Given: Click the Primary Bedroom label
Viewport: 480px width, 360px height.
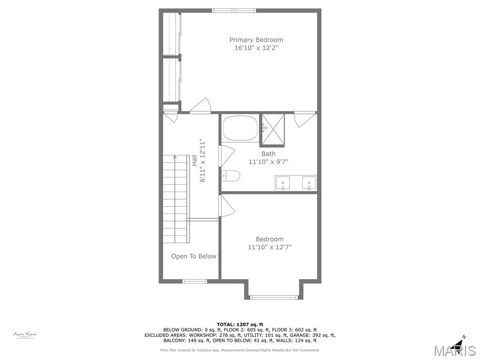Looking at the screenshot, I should [x=256, y=40].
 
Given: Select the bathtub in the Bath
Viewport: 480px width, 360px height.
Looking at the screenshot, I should [x=240, y=127].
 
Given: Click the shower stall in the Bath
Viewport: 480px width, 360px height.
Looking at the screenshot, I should [x=273, y=127].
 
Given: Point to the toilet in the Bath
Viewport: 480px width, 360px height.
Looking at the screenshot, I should [x=232, y=176].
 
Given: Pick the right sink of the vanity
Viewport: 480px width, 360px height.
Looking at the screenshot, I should [x=309, y=183].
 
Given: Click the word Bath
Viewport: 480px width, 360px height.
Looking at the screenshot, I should [x=269, y=154].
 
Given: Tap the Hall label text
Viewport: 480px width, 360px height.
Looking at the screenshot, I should [x=194, y=160].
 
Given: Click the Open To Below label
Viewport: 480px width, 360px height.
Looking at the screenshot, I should [x=194, y=256].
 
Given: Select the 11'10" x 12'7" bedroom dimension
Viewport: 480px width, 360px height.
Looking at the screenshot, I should [x=270, y=247].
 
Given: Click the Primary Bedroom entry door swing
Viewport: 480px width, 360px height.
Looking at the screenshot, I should [x=201, y=106].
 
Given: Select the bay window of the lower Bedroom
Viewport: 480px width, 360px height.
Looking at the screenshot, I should [x=273, y=297].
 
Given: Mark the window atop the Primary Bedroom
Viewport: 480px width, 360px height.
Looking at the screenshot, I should [x=234, y=10].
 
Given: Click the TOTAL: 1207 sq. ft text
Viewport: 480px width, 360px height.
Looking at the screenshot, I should [x=240, y=324].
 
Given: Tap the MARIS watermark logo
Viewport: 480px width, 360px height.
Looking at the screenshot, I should [x=455, y=351].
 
